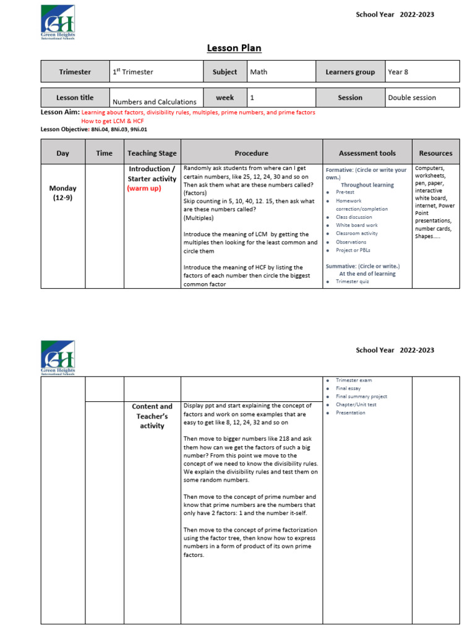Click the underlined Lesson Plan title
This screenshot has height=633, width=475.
point(229,49)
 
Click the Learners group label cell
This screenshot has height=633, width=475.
point(350,72)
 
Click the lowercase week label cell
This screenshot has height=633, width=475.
point(225,98)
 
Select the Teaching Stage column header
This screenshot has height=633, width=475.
point(152,153)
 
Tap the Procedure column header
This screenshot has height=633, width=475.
point(251,153)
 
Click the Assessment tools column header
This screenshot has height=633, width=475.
point(367,153)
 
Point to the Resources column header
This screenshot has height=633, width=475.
point(435,153)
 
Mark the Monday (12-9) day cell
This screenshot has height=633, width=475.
point(63,193)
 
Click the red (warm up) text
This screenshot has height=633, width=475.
point(143,189)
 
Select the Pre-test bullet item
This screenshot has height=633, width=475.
point(344,193)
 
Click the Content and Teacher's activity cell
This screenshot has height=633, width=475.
point(152,416)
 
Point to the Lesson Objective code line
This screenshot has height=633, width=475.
point(94,129)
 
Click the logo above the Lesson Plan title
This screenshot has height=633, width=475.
point(58,20)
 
